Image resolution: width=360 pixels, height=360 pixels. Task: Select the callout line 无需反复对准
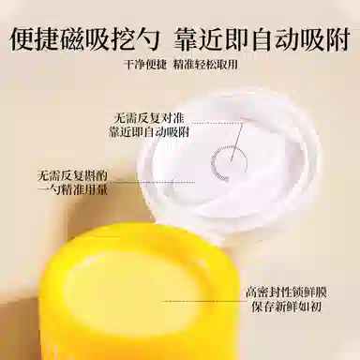[145, 118]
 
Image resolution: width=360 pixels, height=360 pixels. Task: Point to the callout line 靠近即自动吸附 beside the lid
[146, 133]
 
